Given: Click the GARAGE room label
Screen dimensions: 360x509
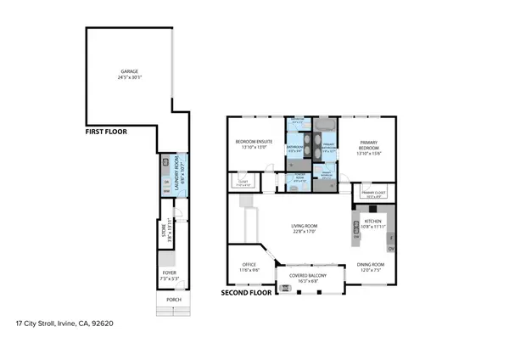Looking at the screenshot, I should pos(129,72).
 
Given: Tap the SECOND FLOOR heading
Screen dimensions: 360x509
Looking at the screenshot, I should pos(246,292).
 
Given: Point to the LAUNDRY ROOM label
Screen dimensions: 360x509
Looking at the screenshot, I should pos(176,171).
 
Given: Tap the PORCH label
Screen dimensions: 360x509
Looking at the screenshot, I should pos(173,300).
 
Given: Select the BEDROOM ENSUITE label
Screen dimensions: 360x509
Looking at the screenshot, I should pos(252,142).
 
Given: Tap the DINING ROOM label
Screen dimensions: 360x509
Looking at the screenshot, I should pos(370,264).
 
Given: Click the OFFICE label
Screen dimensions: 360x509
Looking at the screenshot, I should pos(249,264).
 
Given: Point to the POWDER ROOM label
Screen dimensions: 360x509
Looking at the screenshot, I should pos(299,177).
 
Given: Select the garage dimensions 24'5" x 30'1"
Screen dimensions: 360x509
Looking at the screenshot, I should pos(129,78).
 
